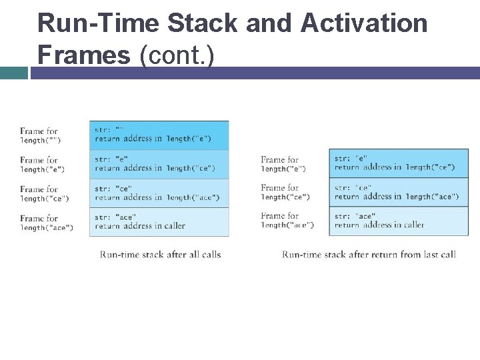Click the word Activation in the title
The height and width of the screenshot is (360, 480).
(363, 23)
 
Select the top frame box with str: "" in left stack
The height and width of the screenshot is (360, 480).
(159, 135)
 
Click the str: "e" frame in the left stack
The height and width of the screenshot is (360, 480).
(159, 164)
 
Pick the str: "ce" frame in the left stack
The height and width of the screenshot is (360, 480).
(159, 193)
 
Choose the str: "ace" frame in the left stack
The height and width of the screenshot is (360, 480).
(159, 221)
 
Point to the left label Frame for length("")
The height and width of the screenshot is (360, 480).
(41, 135)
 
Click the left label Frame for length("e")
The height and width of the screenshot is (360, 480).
(42, 165)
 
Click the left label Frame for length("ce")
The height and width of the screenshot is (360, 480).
(44, 193)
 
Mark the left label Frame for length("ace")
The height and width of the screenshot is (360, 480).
(46, 223)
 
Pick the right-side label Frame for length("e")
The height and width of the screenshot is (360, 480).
(283, 164)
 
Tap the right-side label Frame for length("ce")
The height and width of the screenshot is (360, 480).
(285, 192)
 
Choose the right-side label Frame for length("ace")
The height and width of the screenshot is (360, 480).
(287, 220)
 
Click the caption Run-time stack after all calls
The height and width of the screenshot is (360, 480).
(160, 254)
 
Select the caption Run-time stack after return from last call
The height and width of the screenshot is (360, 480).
(369, 254)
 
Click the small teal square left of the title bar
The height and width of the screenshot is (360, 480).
(13, 73)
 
